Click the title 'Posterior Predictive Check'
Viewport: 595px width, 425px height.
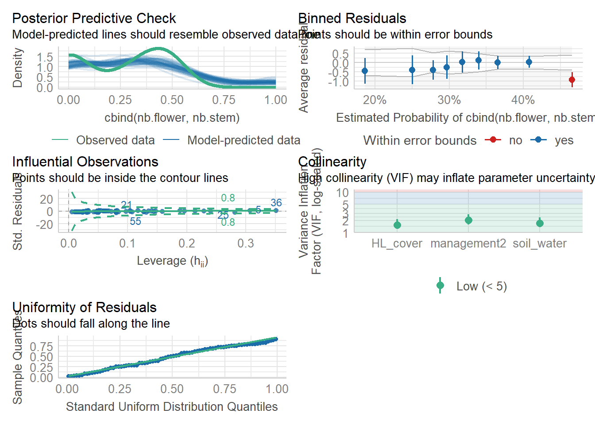94,18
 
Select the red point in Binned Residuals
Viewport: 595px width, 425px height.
572,80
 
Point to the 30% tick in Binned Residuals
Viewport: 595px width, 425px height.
449,100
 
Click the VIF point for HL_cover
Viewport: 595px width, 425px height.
397,225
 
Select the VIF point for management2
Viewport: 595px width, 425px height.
468,220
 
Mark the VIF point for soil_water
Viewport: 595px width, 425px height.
540,223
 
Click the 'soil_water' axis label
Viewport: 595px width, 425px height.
540,243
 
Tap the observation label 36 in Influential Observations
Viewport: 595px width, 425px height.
276,203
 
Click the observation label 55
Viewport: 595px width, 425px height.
135,221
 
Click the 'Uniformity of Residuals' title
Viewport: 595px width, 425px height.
84,307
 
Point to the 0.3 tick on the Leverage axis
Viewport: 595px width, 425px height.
246,243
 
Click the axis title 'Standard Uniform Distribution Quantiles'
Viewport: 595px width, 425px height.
172,407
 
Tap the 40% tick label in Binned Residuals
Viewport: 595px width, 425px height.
523,100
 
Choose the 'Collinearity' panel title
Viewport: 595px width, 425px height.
332,162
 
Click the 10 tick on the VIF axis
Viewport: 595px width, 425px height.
342,193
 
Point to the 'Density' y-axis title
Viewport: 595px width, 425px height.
18,68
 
